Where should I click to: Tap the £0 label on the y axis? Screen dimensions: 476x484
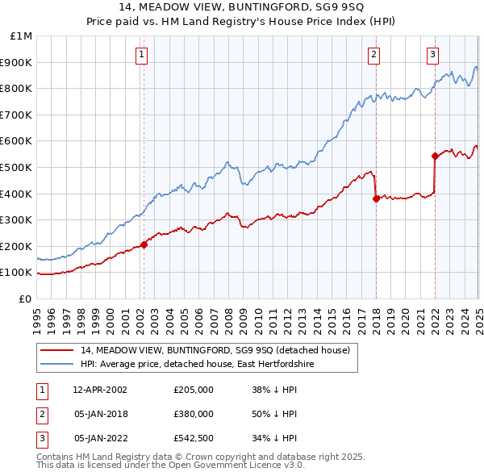(26, 299)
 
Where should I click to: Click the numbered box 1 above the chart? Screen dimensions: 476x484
(141, 55)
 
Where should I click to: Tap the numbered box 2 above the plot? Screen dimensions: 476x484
(374, 55)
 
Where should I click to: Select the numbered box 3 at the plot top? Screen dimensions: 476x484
(433, 55)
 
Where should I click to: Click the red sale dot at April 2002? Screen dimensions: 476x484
(144, 244)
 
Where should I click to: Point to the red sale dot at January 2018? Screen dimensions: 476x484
(376, 198)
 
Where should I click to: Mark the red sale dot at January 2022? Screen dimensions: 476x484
(435, 156)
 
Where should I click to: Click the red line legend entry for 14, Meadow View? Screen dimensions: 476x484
(215, 350)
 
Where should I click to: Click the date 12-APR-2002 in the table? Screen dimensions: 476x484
(100, 390)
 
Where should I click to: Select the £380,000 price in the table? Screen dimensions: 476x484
(193, 414)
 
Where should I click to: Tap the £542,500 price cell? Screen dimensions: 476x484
(193, 438)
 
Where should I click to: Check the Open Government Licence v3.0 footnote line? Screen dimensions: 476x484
(170, 466)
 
